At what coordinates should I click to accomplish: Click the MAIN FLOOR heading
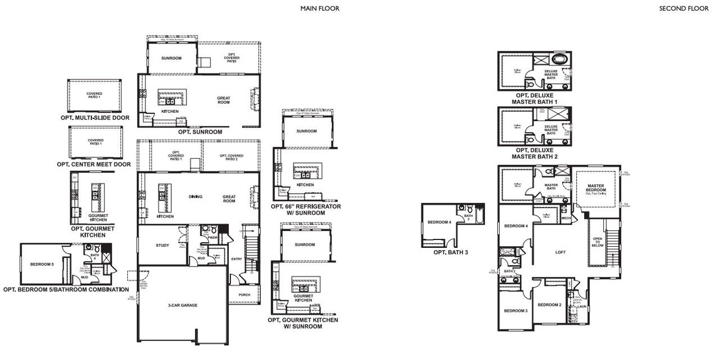coord(321,8)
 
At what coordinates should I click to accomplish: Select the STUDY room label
coord(163,245)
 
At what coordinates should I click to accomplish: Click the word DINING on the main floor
coord(195,197)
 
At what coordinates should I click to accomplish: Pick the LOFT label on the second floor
coord(560,252)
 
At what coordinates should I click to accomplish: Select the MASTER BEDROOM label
coord(595,188)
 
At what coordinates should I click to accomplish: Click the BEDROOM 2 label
coord(549,305)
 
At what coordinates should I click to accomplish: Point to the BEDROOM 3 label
coord(515,310)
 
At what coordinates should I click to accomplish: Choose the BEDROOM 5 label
coord(42,264)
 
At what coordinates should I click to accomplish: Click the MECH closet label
coord(566,217)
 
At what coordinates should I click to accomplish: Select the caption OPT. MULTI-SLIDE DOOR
coord(95,118)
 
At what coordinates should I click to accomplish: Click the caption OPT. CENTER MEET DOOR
coord(94,165)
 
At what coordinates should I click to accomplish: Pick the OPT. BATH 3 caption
coord(451,252)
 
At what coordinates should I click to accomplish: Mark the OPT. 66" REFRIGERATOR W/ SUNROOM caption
coord(306,210)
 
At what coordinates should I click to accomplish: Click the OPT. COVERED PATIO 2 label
coord(232,157)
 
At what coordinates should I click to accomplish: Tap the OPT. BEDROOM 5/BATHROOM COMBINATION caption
coord(66,289)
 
